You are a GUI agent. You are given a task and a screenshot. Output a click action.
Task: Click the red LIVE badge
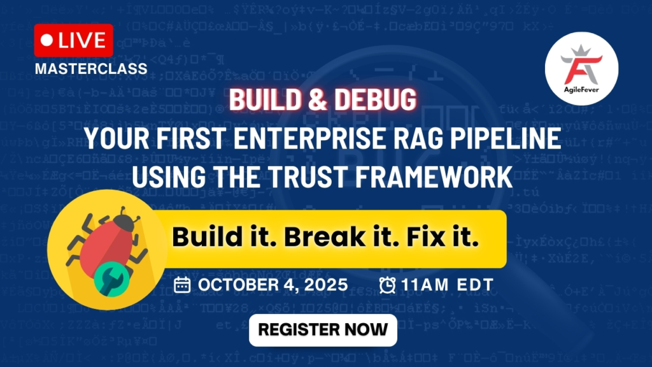pyautogui.click(x=74, y=41)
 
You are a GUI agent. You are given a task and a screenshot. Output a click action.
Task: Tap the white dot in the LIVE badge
pyautogui.click(x=46, y=40)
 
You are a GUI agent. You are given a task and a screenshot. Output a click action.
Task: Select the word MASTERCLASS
pyautogui.click(x=91, y=68)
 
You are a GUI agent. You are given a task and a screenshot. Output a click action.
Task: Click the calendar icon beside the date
pyautogui.click(x=182, y=284)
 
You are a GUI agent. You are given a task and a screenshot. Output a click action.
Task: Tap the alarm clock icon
pyautogui.click(x=386, y=285)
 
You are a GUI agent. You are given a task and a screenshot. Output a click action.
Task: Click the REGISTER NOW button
pyautogui.click(x=323, y=329)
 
